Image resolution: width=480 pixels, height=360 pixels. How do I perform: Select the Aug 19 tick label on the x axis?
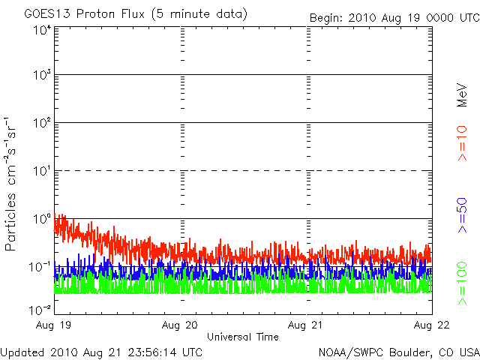point(53,325)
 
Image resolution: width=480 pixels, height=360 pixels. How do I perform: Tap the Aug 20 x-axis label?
point(180,325)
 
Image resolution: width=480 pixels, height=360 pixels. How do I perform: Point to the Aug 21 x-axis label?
point(305,325)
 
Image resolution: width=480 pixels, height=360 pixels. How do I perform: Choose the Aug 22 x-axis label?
point(431,325)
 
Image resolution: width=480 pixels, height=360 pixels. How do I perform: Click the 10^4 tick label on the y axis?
point(42,31)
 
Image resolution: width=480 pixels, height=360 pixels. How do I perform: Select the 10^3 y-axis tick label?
point(42,75)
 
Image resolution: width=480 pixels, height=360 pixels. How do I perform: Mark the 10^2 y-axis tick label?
point(42,123)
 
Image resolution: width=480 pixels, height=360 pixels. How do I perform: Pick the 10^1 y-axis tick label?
point(42,171)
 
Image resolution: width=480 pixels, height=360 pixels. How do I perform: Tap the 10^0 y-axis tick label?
point(42,219)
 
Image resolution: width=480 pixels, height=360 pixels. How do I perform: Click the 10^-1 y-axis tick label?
point(40,267)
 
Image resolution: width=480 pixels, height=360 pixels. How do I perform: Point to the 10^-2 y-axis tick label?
point(40,310)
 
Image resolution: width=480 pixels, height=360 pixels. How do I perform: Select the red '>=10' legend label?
point(462,143)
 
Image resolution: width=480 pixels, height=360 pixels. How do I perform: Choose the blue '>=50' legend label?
point(462,215)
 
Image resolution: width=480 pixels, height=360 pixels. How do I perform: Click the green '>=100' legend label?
point(462,283)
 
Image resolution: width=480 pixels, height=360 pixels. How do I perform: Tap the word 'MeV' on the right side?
point(462,95)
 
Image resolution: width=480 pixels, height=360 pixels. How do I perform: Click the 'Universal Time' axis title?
point(243,337)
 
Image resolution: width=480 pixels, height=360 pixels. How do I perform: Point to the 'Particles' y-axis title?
point(10,222)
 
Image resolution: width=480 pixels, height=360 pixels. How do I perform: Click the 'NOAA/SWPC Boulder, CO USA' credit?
point(399,352)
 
